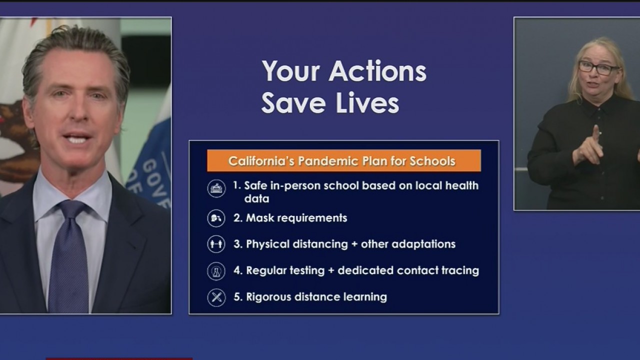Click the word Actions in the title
click(x=377, y=71)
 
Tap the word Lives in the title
click(x=367, y=103)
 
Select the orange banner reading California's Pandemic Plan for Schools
click(x=344, y=161)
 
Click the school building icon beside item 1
click(x=216, y=188)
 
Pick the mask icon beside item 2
click(x=216, y=218)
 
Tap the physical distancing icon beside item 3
click(x=216, y=244)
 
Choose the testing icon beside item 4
click(x=216, y=271)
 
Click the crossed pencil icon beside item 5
click(x=216, y=297)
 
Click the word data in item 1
click(x=256, y=199)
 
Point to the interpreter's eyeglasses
click(x=598, y=68)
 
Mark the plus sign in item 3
click(x=354, y=244)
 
